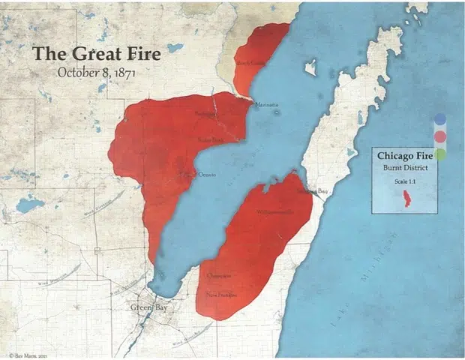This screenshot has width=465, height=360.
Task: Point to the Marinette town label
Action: [x=267, y=104]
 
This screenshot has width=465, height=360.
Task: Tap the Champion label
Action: [x=217, y=276]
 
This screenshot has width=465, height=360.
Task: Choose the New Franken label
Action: [x=222, y=294]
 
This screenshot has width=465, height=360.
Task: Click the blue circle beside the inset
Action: [x=440, y=119]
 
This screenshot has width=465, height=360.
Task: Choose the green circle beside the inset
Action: [x=440, y=154]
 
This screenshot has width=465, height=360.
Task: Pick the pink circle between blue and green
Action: [x=440, y=136]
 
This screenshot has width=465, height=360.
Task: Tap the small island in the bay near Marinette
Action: [x=310, y=67]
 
